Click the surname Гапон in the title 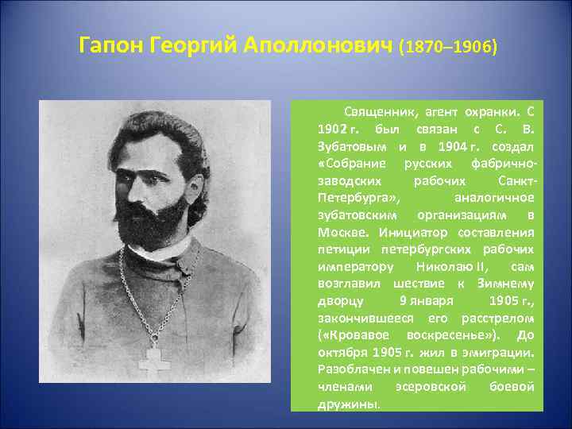[111, 47]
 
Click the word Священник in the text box [377, 111]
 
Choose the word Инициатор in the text [414, 233]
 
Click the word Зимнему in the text [506, 284]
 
